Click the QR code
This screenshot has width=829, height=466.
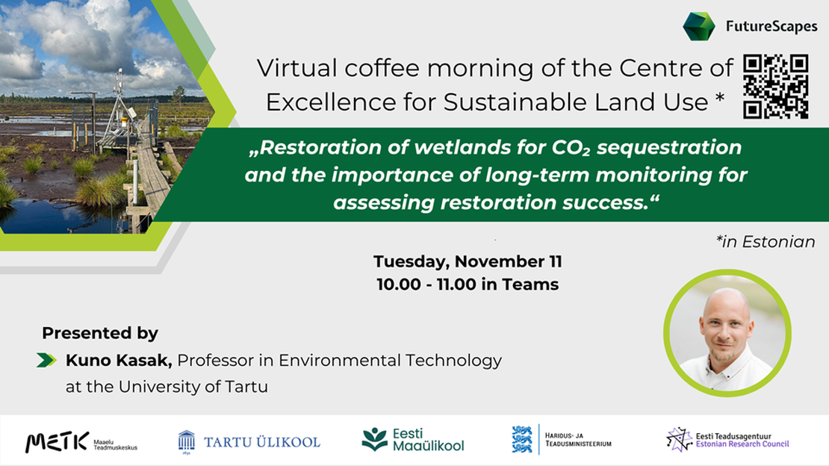pos(776,87)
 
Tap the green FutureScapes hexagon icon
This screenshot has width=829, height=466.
pos(699,26)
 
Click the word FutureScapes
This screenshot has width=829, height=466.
pos(771,28)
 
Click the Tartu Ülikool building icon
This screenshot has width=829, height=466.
pos(186,441)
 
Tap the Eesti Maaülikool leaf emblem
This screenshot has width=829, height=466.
pos(374,439)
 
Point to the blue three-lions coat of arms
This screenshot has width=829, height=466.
pos(522,439)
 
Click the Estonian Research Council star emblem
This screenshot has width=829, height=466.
pos(679,439)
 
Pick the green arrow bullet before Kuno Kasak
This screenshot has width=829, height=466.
pos(46,361)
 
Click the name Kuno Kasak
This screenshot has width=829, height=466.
pos(119,361)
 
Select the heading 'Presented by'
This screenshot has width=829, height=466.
pos(100,333)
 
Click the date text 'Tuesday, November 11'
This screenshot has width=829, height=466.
pos(468,262)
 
